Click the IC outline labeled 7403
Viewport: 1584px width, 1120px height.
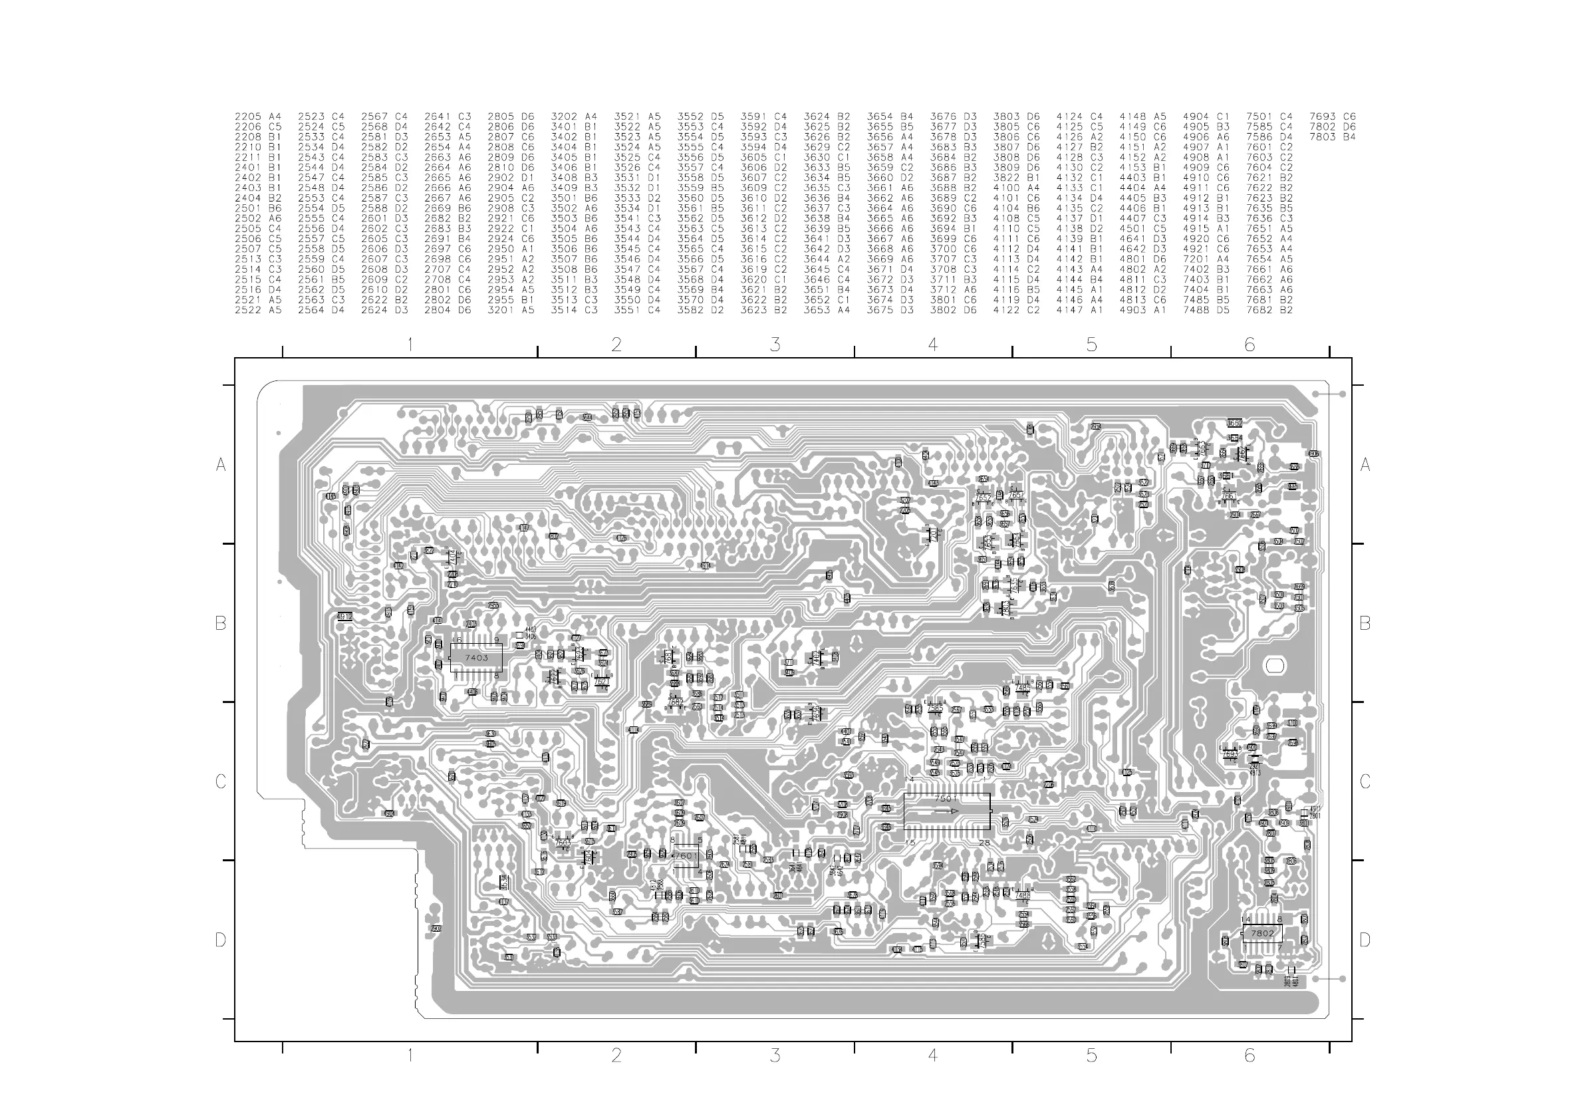click(x=476, y=658)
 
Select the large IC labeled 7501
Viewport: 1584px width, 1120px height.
click(x=946, y=811)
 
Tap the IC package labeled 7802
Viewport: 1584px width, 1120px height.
click(x=1263, y=933)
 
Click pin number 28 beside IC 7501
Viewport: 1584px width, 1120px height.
click(x=984, y=843)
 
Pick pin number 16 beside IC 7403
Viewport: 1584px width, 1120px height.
click(x=456, y=640)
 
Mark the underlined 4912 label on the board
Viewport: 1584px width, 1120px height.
click(x=344, y=617)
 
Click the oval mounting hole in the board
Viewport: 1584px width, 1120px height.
click(x=1273, y=666)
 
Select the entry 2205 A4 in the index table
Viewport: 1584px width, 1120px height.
click(x=258, y=116)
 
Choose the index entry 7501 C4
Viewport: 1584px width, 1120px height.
click(x=1269, y=116)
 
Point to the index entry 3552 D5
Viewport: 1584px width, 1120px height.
click(x=700, y=116)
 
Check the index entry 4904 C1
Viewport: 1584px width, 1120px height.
click(x=1206, y=116)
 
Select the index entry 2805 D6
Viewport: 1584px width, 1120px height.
click(x=511, y=116)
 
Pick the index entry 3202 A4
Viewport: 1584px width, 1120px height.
click(x=574, y=116)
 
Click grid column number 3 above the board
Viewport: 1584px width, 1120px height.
click(x=775, y=345)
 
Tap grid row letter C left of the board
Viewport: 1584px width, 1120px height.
click(x=221, y=781)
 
